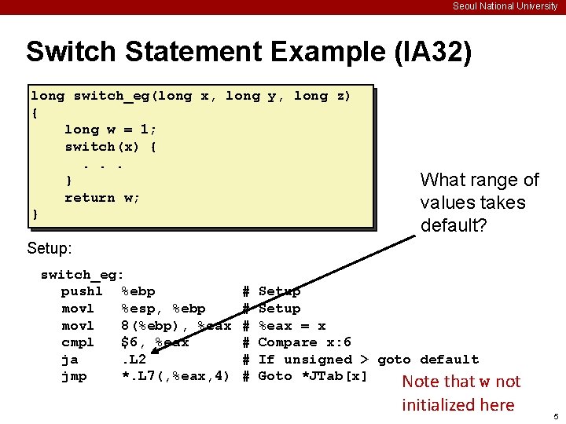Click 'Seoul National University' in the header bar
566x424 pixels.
505,6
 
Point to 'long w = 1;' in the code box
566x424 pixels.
110,130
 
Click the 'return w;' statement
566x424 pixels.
102,198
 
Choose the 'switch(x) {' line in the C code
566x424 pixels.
110,147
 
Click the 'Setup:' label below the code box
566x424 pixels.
50,249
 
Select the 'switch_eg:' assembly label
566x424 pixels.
82,275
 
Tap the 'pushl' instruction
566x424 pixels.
82,292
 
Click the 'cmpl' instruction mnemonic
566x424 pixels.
78,342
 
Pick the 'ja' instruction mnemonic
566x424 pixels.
69,360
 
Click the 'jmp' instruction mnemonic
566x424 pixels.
74,377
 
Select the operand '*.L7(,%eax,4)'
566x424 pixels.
176,377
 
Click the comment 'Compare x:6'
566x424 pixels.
304,342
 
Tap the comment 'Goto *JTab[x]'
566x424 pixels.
313,377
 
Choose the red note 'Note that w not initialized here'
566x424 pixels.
461,393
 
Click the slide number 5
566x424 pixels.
554,415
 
